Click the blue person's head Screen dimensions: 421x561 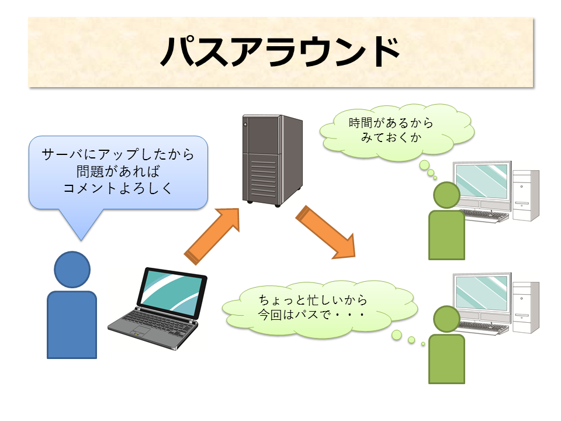tap(72, 269)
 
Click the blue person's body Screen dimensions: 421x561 tap(72, 325)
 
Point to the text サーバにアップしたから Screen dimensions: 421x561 tap(117, 155)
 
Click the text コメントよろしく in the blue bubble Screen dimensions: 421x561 tap(117, 188)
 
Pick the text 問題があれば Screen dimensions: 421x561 tap(117, 171)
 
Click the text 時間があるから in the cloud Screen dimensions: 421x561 tap(391, 123)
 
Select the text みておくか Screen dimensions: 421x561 tap(391, 137)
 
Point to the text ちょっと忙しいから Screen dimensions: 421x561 tap(313, 300)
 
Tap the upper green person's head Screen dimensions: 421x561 tap(446, 196)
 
